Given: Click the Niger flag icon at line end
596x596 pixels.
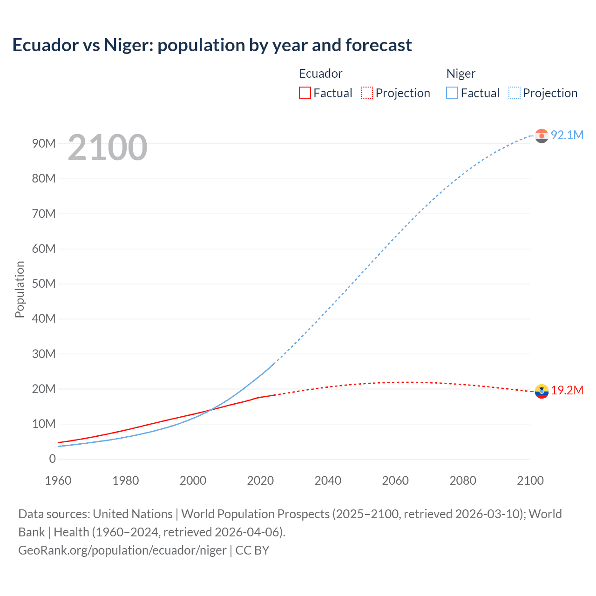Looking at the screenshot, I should (542, 135).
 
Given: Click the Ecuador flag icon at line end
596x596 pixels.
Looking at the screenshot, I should (542, 391).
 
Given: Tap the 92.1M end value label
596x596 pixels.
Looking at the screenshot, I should (567, 135).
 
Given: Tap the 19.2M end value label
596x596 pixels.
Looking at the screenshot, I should (567, 390).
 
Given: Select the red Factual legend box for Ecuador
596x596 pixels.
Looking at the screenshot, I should (305, 93).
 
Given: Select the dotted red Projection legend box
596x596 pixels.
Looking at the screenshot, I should (367, 93).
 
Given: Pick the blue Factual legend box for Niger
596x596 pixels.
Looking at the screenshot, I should (452, 93).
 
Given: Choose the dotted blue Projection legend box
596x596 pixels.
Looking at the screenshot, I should (515, 93).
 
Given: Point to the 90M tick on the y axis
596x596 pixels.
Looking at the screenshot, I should (44, 143).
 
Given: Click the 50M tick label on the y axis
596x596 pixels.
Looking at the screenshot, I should (44, 284).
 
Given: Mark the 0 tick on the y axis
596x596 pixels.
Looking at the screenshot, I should (52, 459).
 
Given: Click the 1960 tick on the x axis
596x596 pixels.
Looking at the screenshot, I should (58, 481).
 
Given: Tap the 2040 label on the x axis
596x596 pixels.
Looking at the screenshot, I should (328, 481).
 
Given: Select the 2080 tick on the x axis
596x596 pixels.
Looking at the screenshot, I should (463, 481).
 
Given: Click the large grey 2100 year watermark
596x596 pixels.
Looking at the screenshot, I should (108, 148).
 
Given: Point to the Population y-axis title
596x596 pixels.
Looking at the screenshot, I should (20, 289).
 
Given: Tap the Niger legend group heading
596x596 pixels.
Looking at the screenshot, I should (461, 74).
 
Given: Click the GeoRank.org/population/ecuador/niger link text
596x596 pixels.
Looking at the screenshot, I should (122, 550).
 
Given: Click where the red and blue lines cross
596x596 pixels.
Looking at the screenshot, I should (210, 410).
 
